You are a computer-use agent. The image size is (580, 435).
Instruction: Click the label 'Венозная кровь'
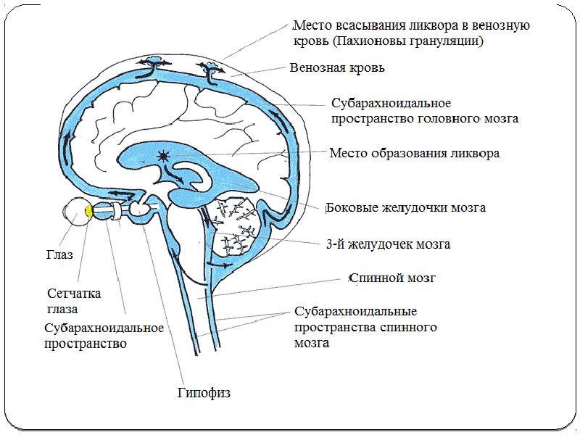(x=337, y=69)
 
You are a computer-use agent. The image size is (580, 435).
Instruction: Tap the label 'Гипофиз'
(x=204, y=393)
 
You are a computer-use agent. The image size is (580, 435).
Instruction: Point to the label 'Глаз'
(x=59, y=255)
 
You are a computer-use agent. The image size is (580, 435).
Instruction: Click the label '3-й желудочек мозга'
(x=388, y=244)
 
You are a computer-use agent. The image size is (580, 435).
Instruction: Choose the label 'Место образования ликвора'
(x=414, y=154)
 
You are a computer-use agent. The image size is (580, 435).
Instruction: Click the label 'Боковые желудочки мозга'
(x=406, y=207)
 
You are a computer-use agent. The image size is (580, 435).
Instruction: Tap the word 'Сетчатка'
(x=74, y=294)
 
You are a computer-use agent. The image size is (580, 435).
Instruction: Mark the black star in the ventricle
(x=162, y=154)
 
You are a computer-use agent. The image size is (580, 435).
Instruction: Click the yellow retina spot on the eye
(x=88, y=211)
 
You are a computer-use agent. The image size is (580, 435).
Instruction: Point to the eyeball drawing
(x=75, y=211)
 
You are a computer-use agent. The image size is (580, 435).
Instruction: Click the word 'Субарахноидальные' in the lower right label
(x=355, y=312)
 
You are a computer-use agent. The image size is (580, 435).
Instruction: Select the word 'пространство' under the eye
(x=86, y=344)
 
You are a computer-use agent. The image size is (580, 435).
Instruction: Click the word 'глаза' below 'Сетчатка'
(x=62, y=309)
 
